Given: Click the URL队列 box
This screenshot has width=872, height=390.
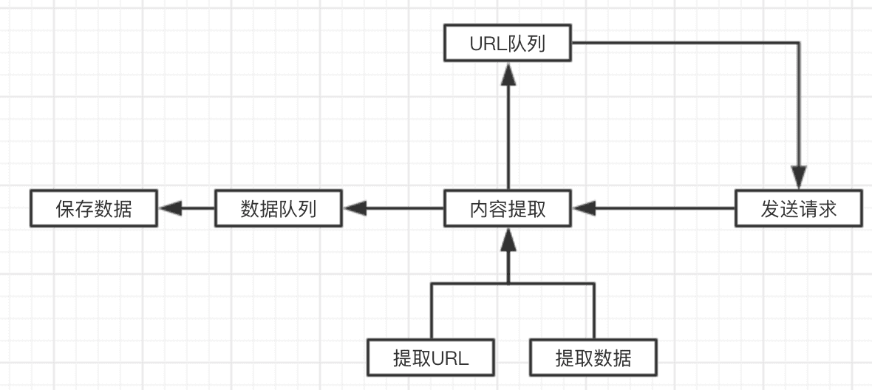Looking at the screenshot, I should click(507, 43).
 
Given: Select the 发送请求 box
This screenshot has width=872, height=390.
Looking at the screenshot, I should click(798, 208).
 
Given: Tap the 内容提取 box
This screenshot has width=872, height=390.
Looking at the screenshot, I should click(507, 208).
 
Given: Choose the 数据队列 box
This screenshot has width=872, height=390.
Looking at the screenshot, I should click(278, 208).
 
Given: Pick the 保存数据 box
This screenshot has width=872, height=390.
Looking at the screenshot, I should click(94, 208).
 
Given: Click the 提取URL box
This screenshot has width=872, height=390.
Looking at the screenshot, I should click(431, 358).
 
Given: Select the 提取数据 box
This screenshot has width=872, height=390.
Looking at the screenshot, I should click(593, 358).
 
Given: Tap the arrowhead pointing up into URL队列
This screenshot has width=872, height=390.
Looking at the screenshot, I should click(508, 72).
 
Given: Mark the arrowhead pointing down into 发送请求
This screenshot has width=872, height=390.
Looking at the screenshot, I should click(799, 179).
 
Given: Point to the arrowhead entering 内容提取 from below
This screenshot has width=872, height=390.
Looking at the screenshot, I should click(508, 238).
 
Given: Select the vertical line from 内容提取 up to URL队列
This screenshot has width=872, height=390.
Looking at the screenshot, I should click(508, 133).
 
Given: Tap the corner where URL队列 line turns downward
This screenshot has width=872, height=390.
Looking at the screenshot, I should click(799, 43).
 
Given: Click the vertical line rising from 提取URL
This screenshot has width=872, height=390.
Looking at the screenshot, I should click(431, 310).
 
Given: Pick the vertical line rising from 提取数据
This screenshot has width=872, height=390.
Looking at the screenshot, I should click(593, 310).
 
